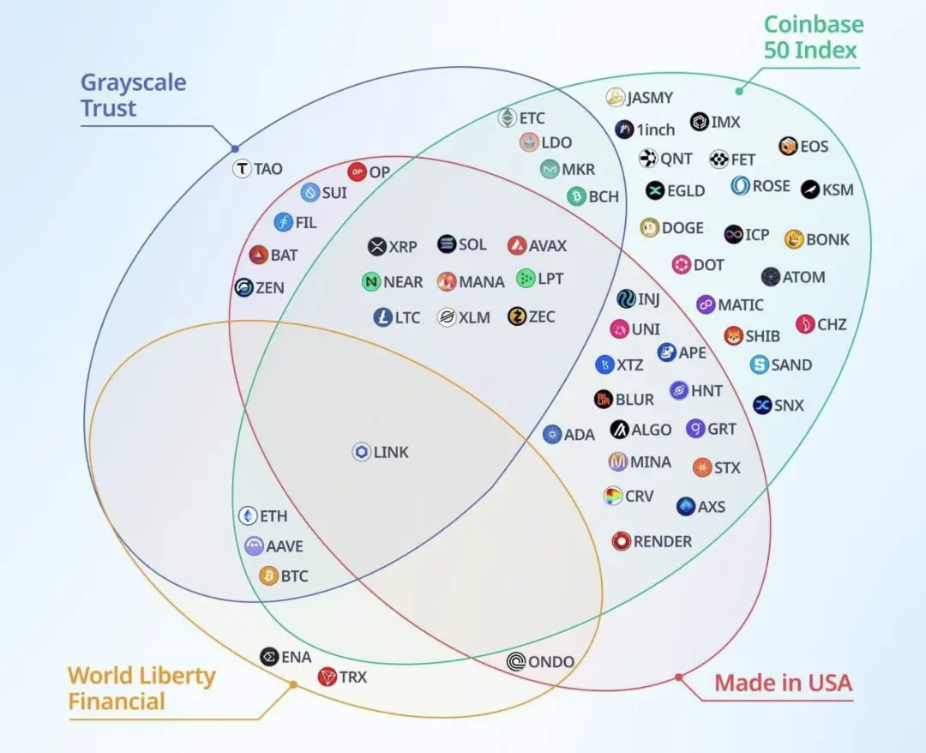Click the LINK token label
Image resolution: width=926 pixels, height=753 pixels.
pyautogui.click(x=391, y=452)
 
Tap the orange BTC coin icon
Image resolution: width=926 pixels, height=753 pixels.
pyautogui.click(x=269, y=576)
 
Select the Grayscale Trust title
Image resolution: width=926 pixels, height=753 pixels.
pyautogui.click(x=133, y=96)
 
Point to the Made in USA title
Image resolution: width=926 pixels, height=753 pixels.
pyautogui.click(x=783, y=684)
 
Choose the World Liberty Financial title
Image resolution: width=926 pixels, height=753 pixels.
pyautogui.click(x=141, y=689)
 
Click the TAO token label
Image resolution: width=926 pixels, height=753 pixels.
pyautogui.click(x=268, y=169)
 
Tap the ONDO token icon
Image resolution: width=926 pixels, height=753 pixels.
pyautogui.click(x=516, y=661)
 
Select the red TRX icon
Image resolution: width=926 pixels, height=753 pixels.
pyautogui.click(x=327, y=678)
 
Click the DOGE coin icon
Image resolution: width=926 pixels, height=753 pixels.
pyautogui.click(x=650, y=228)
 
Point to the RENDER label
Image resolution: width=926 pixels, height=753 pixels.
pyautogui.click(x=663, y=541)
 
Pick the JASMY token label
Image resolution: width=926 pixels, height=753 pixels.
pyautogui.click(x=650, y=98)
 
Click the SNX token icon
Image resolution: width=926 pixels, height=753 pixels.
pyautogui.click(x=762, y=405)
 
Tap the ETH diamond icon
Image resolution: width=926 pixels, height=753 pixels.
pyautogui.click(x=248, y=516)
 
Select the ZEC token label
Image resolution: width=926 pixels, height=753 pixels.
pyautogui.click(x=542, y=317)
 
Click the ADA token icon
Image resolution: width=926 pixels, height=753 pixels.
pyautogui.click(x=552, y=434)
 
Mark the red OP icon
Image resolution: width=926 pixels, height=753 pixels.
pyautogui.click(x=357, y=172)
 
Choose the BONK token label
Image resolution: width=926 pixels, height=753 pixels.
pyautogui.click(x=827, y=239)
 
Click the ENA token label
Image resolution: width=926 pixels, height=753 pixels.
pyautogui.click(x=297, y=657)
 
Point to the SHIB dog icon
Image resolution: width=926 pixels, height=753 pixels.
pyautogui.click(x=732, y=336)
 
